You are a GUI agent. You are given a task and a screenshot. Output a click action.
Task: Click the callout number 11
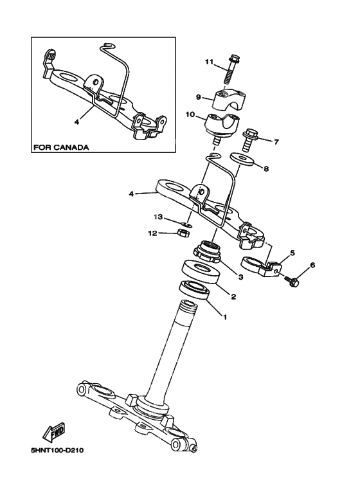tap(208, 62)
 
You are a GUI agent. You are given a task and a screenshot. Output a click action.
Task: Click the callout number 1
tap(224, 316)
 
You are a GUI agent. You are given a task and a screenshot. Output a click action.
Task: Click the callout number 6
tap(312, 265)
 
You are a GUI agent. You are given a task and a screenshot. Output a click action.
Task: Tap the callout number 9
tap(199, 98)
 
